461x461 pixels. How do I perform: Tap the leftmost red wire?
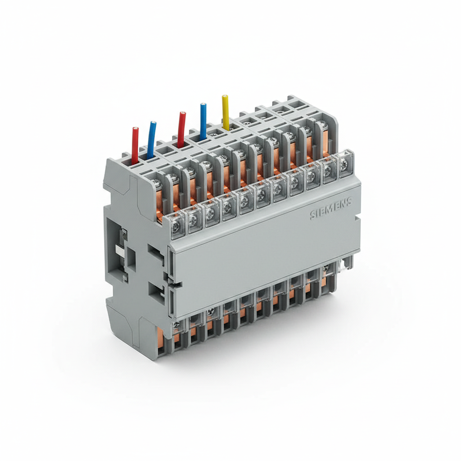point(135,143)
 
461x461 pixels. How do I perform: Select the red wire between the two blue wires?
point(181,128)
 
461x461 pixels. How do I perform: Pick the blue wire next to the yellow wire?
point(203,120)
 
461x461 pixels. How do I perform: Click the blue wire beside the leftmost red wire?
point(151,138)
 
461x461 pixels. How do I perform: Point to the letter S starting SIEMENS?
point(313,215)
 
